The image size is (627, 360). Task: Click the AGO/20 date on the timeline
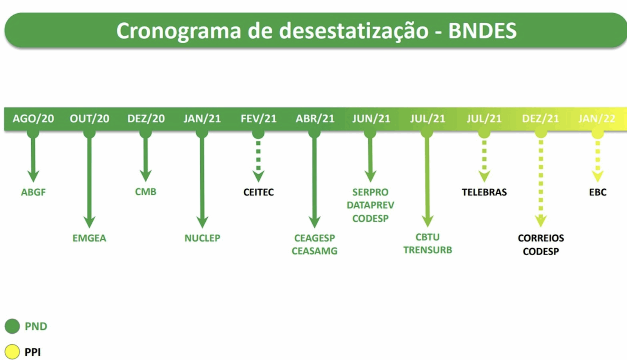coord(33,119)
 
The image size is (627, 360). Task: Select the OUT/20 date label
coord(90,119)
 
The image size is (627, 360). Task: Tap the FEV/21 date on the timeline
coord(259,119)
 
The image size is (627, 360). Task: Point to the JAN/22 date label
coord(597,119)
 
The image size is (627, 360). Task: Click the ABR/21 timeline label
coord(315,119)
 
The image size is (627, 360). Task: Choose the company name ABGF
coord(33,192)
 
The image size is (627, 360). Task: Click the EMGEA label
coord(89,238)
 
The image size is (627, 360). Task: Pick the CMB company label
coord(145,192)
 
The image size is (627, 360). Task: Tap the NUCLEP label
coord(202,238)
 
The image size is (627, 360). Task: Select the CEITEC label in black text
coord(259,192)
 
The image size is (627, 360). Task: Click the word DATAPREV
coord(370,205)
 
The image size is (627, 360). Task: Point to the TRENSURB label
coord(428,250)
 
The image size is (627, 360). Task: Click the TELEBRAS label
coord(484,192)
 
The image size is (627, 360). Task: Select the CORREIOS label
coord(541,238)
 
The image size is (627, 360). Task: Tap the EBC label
coord(598,192)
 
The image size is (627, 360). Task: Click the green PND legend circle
coord(12,326)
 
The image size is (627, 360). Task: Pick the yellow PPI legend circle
coord(12,352)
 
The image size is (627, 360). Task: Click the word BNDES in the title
coord(482,31)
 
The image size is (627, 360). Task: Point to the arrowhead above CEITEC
coord(258,176)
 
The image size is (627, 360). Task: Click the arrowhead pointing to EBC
coord(598,176)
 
